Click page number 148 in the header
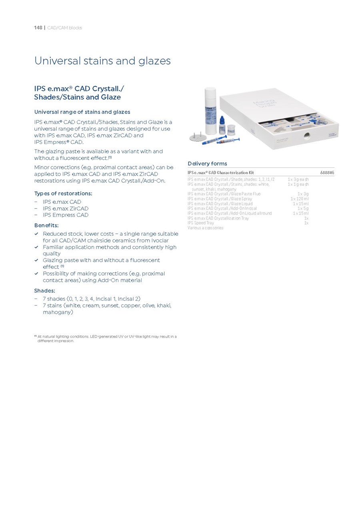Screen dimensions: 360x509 (x=38, y=28)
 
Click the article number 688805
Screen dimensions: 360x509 (x=327, y=172)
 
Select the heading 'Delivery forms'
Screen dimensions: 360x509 (x=207, y=163)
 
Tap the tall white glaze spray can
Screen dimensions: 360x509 (x=210, y=111)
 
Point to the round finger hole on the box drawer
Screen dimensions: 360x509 (x=307, y=136)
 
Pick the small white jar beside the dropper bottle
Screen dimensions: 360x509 (x=231, y=130)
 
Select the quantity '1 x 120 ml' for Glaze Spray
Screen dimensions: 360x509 (x=300, y=199)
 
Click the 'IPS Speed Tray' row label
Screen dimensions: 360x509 (x=201, y=223)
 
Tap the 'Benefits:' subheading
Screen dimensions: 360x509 (x=46, y=225)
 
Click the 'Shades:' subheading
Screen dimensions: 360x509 (x=44, y=291)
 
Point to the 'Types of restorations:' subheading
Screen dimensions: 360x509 (x=63, y=194)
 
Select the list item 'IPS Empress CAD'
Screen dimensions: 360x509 (x=66, y=215)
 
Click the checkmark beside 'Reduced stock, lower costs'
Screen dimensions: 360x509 (x=36, y=234)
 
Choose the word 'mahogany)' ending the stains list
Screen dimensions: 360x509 (x=58, y=312)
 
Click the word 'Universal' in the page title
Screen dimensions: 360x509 (x=58, y=61)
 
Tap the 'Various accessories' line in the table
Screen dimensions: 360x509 (x=205, y=228)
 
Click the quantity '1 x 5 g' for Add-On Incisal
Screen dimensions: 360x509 (x=303, y=208)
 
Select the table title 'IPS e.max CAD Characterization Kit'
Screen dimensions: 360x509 (x=220, y=172)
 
